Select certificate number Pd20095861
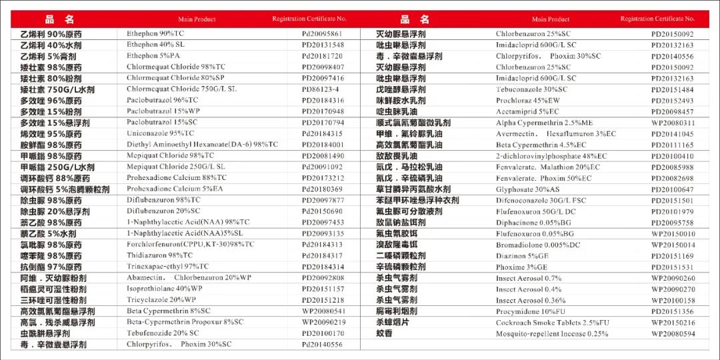[x=323, y=34]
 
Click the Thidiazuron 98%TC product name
[x=159, y=255]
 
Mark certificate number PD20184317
[x=323, y=255]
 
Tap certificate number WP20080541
[x=324, y=311]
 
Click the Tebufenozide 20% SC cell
[x=163, y=333]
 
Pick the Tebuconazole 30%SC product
[x=531, y=89]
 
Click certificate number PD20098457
[x=672, y=112]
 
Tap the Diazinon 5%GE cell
[x=521, y=256]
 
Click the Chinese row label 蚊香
[x=385, y=333]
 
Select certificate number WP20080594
[x=673, y=333]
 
